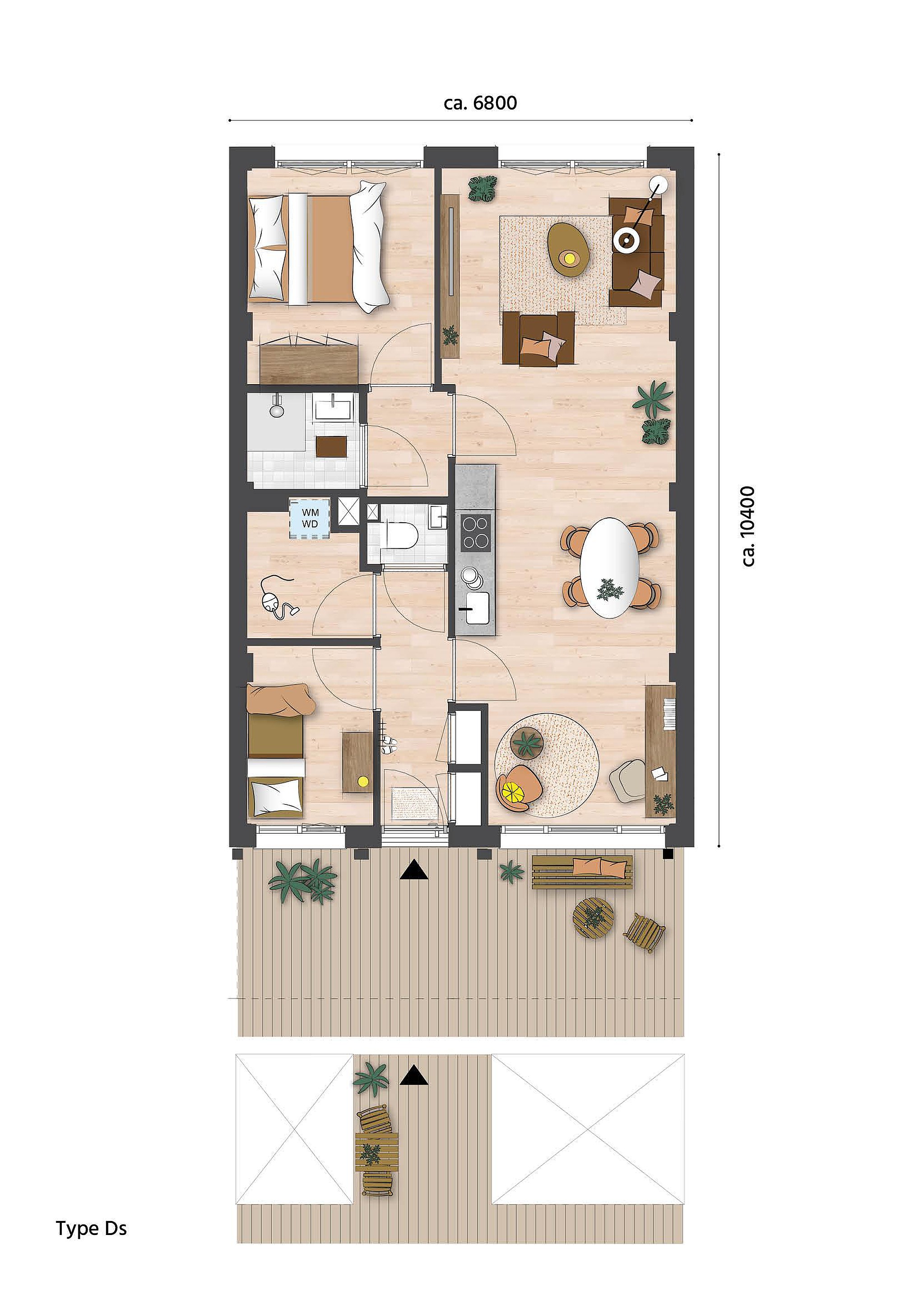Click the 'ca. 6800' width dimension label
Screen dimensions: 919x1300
480,103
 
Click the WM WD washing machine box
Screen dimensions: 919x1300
310,518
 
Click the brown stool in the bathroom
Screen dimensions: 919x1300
332,446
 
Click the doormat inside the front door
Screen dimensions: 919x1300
416,803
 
